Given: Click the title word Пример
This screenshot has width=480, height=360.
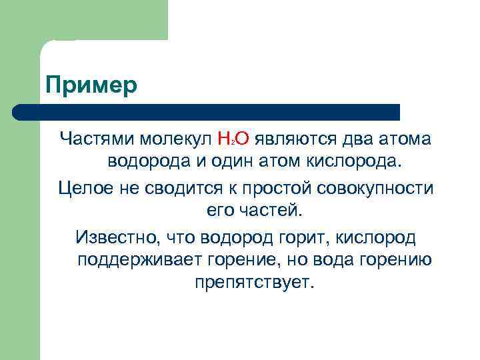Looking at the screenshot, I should tap(91, 86).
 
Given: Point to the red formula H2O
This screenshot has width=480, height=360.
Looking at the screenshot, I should tap(233, 139).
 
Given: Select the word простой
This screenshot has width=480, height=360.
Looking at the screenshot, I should tap(264, 187).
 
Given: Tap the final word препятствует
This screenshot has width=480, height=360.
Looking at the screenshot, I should tap(253, 283).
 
